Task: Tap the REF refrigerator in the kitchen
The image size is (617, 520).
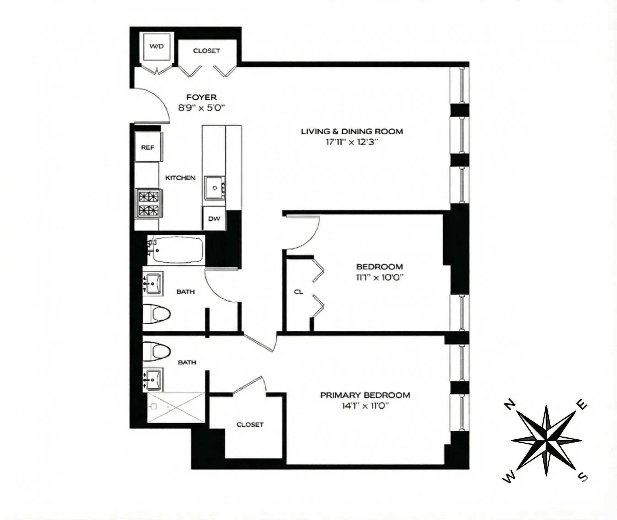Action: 148,147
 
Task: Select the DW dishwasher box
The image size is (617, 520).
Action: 214,218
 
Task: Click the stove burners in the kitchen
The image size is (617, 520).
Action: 149,204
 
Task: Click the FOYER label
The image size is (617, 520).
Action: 202,97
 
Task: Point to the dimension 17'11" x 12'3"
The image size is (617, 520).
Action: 352,142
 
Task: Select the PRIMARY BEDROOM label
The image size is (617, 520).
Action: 365,395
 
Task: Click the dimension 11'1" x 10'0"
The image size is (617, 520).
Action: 379,277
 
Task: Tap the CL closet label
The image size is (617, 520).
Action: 299,292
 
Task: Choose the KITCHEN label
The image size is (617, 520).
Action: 180,178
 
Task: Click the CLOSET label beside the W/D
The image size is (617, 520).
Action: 206,51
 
